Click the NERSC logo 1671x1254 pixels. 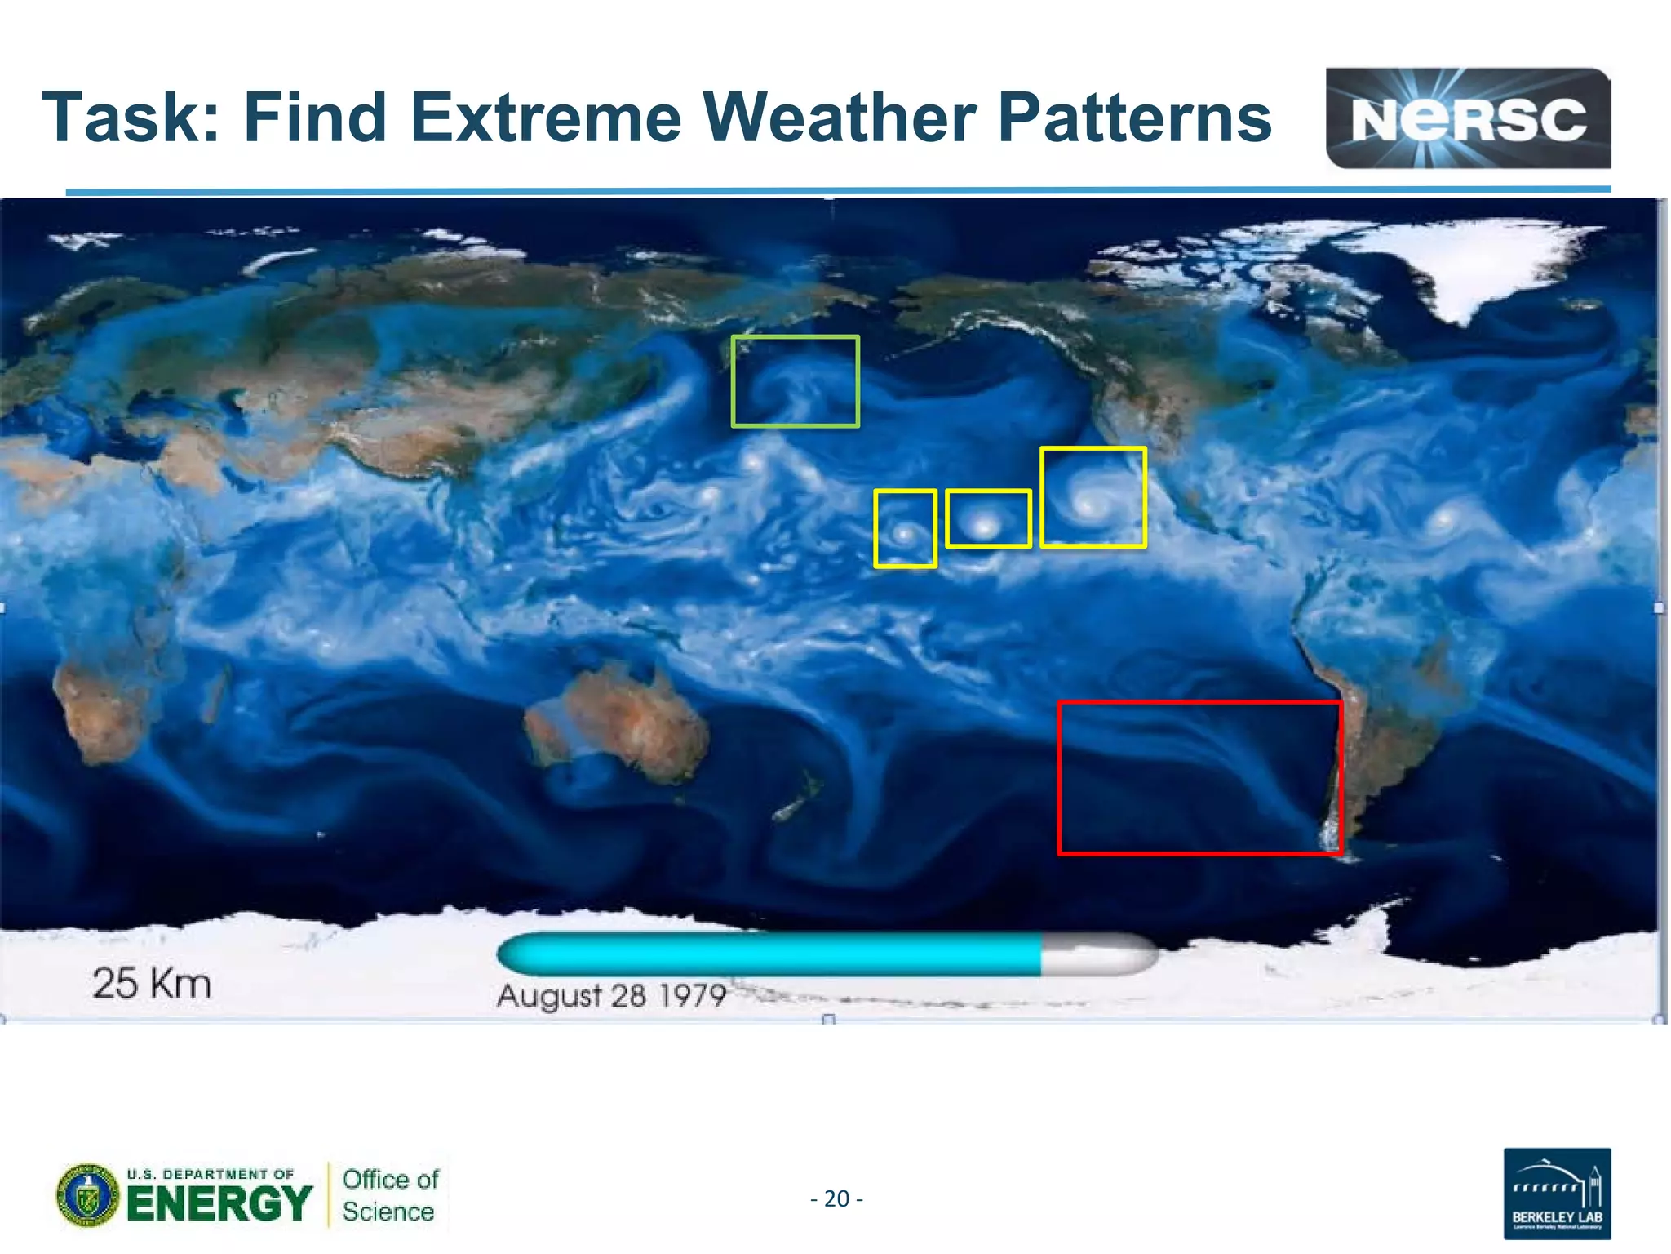click(1467, 118)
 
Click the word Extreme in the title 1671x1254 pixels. click(545, 118)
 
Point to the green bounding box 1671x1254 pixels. click(795, 380)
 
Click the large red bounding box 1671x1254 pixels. click(1199, 777)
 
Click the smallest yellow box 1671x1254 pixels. click(904, 529)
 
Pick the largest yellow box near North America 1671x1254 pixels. click(1093, 497)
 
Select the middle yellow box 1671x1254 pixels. click(987, 518)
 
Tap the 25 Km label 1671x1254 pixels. click(152, 983)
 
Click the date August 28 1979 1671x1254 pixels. click(611, 995)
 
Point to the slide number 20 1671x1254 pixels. click(836, 1198)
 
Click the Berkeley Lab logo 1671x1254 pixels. click(1556, 1193)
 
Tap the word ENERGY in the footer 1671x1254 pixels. click(219, 1204)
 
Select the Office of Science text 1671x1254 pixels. click(389, 1195)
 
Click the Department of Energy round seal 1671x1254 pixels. click(86, 1195)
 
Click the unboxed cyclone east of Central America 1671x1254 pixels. click(1444, 518)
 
